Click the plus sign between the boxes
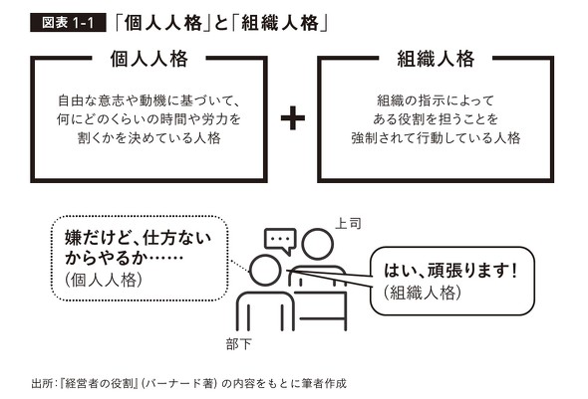click(292, 118)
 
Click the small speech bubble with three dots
click(281, 239)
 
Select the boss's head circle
click(317, 245)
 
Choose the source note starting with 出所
click(188, 382)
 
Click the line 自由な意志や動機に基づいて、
click(149, 100)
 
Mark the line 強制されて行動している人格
click(435, 138)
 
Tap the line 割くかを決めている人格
click(149, 138)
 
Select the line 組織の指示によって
click(435, 100)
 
